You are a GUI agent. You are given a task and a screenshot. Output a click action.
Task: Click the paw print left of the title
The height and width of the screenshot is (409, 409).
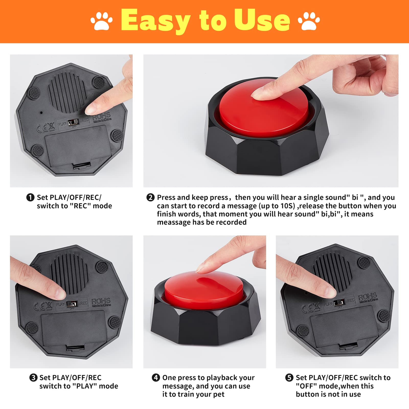(x=101, y=20)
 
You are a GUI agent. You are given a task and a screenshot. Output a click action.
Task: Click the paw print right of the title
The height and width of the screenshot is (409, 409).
(x=309, y=20)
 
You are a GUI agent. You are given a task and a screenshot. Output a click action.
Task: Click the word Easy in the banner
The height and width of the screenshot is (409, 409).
(x=156, y=20)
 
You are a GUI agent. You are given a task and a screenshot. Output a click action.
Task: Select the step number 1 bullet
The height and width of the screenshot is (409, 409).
(x=30, y=197)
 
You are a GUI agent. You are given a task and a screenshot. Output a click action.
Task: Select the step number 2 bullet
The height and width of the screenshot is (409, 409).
(x=150, y=197)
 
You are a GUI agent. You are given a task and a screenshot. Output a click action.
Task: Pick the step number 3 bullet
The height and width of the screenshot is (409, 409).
(x=33, y=378)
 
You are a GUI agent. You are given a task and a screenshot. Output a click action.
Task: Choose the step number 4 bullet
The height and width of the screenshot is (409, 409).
(x=156, y=378)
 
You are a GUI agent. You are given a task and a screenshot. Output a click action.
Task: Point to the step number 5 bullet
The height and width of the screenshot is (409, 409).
(x=289, y=378)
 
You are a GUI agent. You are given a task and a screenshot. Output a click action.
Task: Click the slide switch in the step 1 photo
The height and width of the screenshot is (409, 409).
(x=73, y=122)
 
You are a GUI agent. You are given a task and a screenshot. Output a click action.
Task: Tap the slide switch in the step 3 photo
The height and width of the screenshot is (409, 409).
(x=72, y=304)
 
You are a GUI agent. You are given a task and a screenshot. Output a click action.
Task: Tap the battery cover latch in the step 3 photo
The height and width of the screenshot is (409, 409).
(x=75, y=348)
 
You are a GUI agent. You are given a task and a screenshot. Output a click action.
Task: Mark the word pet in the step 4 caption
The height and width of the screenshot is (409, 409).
(x=219, y=394)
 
